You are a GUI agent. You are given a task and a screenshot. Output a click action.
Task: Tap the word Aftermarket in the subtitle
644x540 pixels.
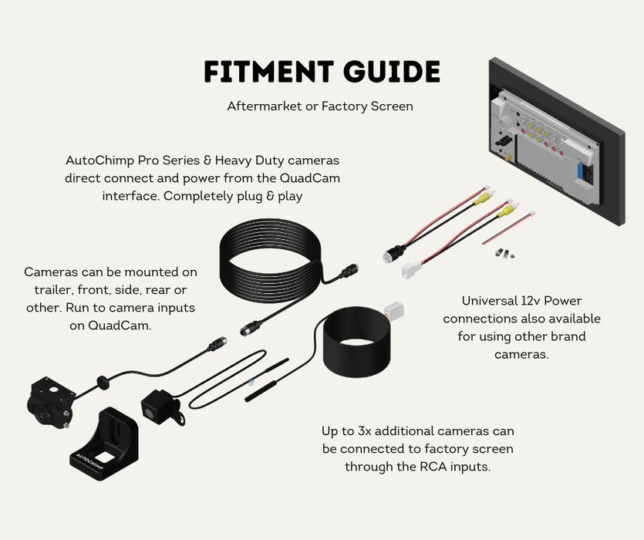[x=263, y=106]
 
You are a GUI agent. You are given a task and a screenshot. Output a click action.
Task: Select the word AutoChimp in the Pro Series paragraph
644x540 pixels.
[x=96, y=160]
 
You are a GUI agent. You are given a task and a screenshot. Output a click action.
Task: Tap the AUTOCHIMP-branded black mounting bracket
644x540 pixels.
[x=103, y=447]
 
